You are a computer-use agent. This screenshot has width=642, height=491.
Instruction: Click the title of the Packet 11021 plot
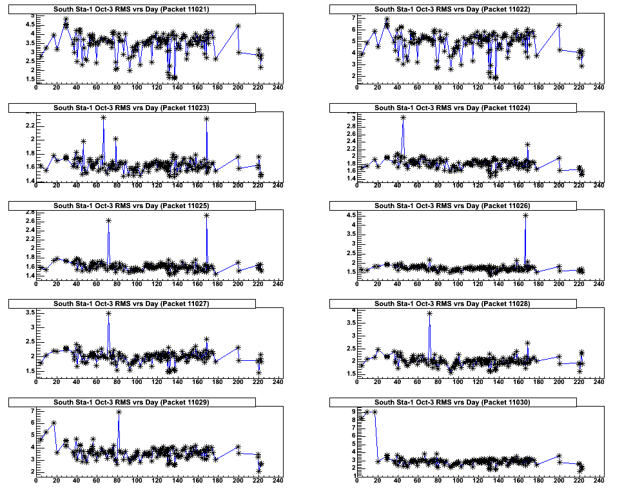point(132,9)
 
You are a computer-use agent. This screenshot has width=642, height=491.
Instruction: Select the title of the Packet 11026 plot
point(453,206)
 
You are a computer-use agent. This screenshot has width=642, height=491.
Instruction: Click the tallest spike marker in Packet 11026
point(525,215)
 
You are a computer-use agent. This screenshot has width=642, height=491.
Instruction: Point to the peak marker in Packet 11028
point(429,313)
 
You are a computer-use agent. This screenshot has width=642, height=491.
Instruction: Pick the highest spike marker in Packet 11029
point(119,412)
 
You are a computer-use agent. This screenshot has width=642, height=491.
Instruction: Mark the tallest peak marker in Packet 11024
point(403,118)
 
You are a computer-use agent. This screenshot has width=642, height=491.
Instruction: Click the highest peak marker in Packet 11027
point(108,313)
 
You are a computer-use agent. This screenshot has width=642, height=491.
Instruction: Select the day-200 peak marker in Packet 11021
point(238,26)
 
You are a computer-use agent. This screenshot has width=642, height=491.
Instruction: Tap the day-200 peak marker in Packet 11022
point(559,26)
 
